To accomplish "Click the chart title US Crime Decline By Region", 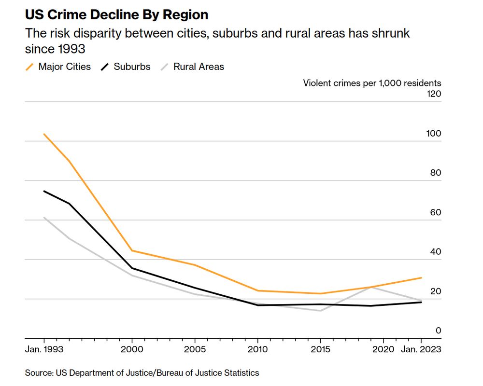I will pos(116,14).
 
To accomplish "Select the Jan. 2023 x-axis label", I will pos(420,349).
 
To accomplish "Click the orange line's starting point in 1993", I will pos(44,134).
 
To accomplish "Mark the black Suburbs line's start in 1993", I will pos(44,191).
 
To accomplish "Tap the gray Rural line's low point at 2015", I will pos(320,311).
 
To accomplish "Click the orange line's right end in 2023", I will pos(422,277).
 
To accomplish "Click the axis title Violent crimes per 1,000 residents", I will pos(372,83).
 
